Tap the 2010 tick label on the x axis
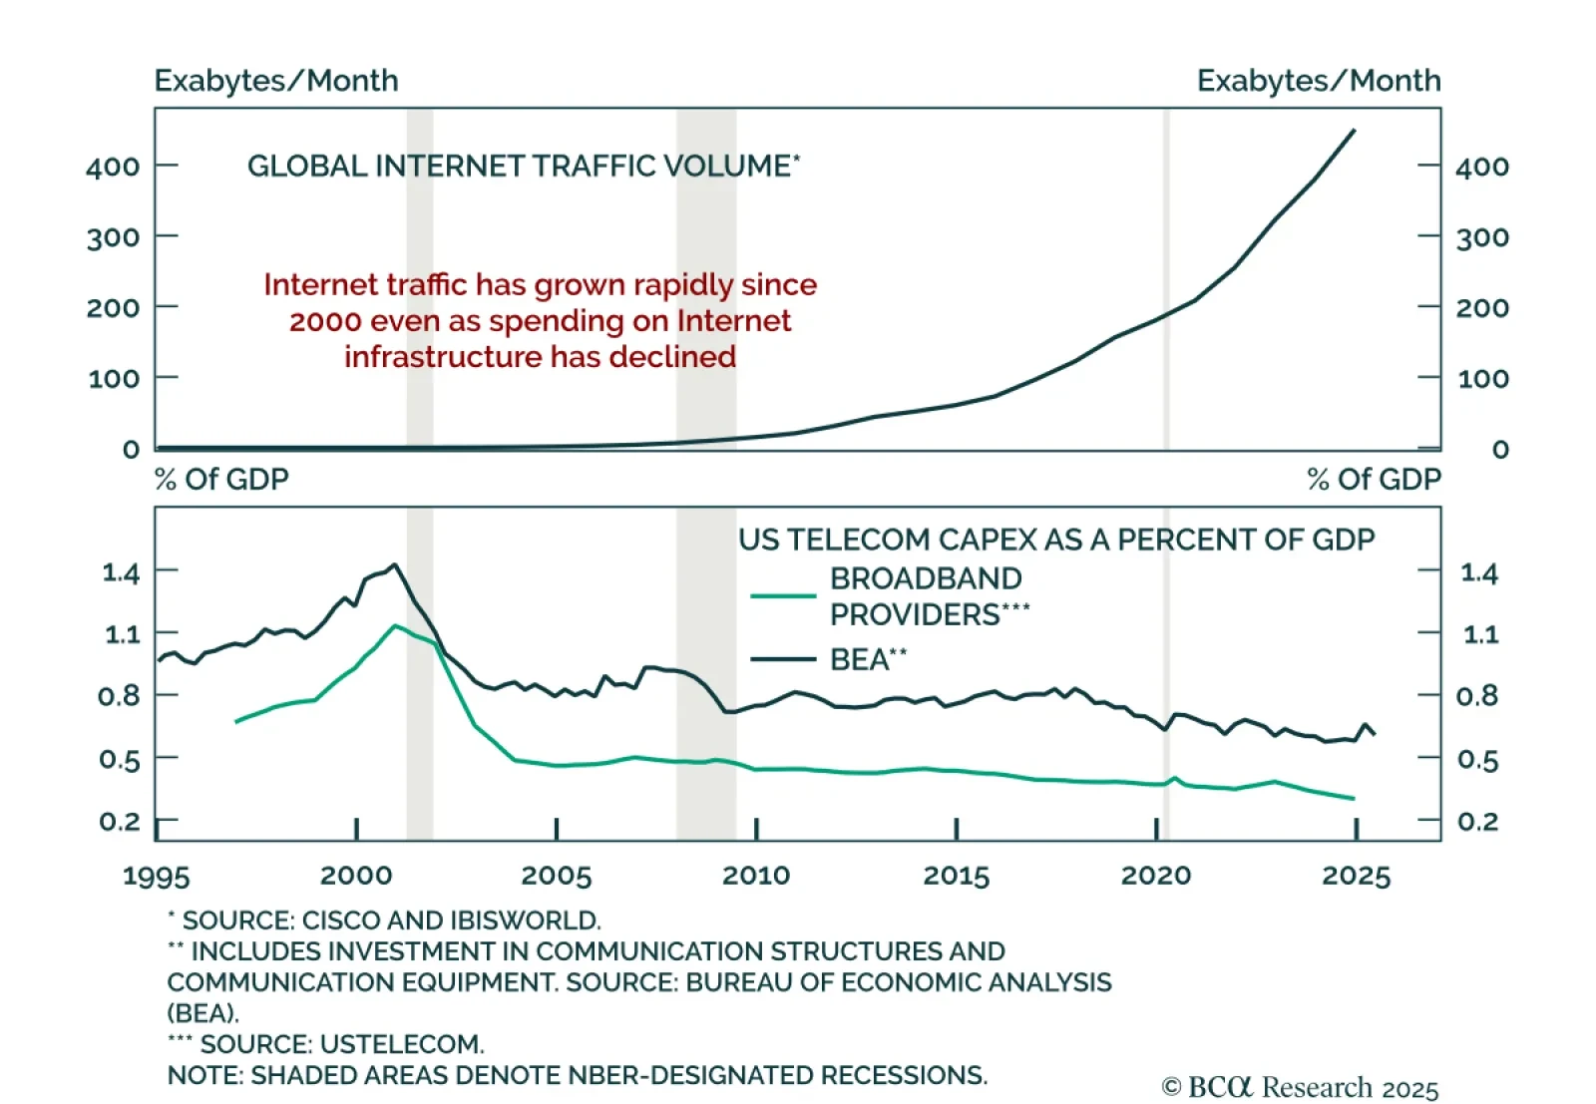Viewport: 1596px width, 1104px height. pyautogui.click(x=756, y=876)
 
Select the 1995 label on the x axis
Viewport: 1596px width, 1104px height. pyautogui.click(x=157, y=876)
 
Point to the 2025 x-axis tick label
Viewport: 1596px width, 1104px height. pyautogui.click(x=1356, y=876)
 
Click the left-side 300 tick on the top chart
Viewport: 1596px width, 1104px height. pyautogui.click(x=113, y=237)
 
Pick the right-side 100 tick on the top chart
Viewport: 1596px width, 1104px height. pyautogui.click(x=1482, y=379)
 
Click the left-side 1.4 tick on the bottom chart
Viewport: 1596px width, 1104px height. pyautogui.click(x=121, y=572)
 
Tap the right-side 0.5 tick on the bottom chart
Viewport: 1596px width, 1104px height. pyautogui.click(x=1478, y=760)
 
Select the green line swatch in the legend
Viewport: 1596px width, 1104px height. pyautogui.click(x=783, y=596)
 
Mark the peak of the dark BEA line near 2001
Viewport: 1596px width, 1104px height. pyautogui.click(x=395, y=564)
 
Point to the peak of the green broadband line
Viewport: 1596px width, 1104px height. pyautogui.click(x=396, y=626)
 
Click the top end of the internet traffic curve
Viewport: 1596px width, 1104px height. pyautogui.click(x=1353, y=130)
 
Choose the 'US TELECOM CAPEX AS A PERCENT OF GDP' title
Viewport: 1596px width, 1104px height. pyautogui.click(x=1056, y=540)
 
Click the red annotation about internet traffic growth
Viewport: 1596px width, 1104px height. pyautogui.click(x=540, y=321)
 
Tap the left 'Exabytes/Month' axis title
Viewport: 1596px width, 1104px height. pyautogui.click(x=276, y=81)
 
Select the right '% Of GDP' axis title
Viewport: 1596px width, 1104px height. pyautogui.click(x=1374, y=480)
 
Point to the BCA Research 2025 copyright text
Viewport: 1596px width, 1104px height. pyautogui.click(x=1300, y=1087)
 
